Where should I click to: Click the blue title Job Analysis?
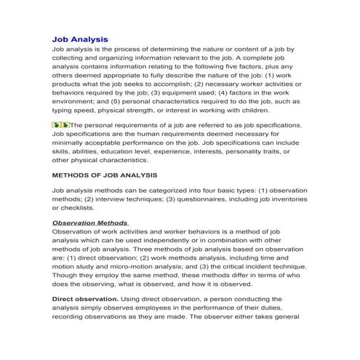[80, 39]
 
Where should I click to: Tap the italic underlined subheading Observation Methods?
[90, 222]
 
